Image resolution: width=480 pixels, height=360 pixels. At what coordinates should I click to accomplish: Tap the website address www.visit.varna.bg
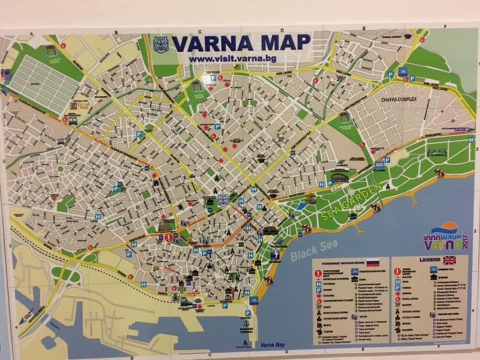[x=232, y=58]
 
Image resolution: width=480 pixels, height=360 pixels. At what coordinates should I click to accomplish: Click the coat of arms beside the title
[x=161, y=44]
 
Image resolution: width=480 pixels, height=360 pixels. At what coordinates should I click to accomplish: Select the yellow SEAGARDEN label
[x=351, y=201]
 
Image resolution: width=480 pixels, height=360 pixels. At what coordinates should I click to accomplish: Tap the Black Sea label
[x=314, y=249]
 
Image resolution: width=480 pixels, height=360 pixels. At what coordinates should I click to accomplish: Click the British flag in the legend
[x=449, y=260]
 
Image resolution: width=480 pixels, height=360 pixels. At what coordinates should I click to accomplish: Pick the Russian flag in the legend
[x=372, y=262]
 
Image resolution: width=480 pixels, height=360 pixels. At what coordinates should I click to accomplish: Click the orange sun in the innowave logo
[x=448, y=227]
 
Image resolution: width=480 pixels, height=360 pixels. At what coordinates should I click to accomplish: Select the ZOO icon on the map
[x=379, y=164]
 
